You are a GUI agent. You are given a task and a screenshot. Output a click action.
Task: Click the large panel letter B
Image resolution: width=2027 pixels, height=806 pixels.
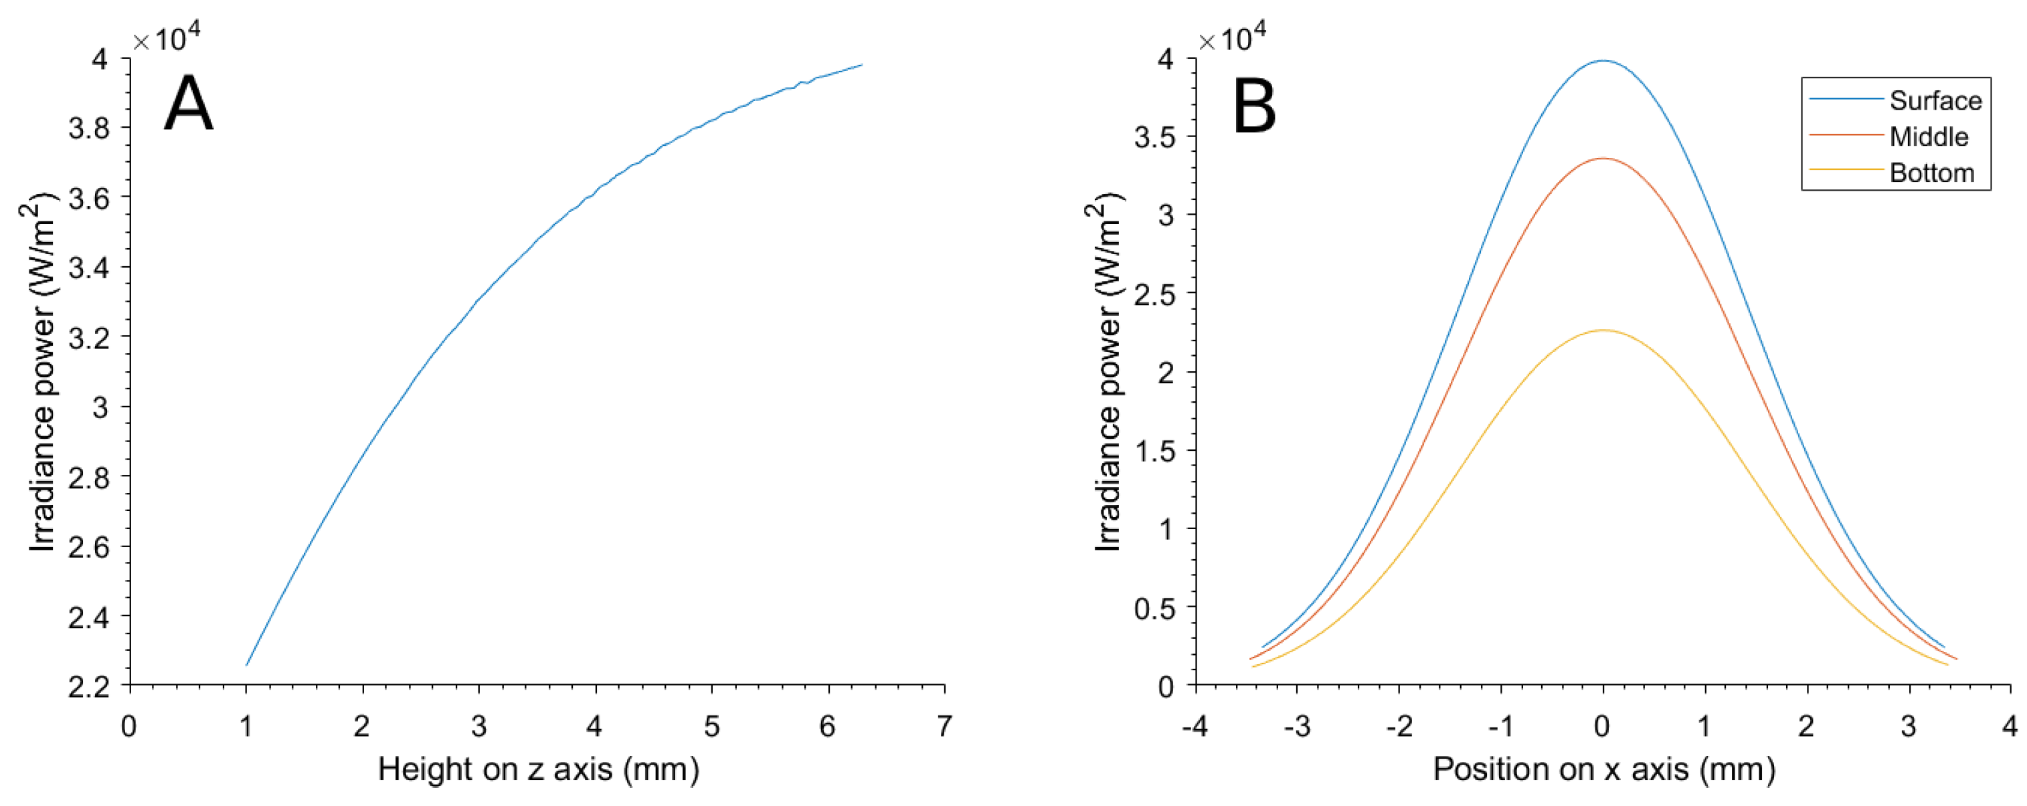pos(1254,107)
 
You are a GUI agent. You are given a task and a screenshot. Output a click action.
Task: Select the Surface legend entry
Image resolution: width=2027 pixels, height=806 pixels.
pos(1935,100)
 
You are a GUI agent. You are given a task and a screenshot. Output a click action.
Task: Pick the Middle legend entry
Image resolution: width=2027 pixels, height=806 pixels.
pos(1929,137)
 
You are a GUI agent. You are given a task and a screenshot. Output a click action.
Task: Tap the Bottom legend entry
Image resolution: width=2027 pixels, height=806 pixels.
pos(1932,173)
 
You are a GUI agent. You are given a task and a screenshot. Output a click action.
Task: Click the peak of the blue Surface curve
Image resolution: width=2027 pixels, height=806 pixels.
pos(1603,61)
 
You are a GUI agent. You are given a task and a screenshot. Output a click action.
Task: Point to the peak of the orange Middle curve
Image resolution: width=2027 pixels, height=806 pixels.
pos(1603,159)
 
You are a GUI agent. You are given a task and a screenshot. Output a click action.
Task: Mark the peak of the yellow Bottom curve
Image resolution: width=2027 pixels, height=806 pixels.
pos(1603,330)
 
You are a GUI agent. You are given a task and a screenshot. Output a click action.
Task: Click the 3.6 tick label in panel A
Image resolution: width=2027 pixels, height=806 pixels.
pos(88,197)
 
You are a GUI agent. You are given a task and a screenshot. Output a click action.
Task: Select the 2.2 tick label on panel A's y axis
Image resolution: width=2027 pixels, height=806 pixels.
pos(88,686)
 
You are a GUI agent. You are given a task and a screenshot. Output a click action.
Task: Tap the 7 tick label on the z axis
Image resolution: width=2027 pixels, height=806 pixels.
pos(944,726)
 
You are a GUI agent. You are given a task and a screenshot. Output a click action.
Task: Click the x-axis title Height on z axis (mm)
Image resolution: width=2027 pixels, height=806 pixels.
pos(538,769)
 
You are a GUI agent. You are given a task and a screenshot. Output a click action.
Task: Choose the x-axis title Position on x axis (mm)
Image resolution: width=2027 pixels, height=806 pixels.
pos(1603,769)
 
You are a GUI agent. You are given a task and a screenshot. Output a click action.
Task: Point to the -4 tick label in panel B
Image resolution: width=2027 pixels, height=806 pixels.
pos(1195,726)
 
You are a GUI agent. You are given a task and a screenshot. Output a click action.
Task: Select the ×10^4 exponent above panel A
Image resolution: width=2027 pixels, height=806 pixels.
pos(166,37)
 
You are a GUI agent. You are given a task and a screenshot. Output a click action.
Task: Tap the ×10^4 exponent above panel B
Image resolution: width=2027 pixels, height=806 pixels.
pos(1232,37)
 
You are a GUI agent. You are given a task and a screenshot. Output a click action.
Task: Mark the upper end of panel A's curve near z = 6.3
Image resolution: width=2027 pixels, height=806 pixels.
pos(862,66)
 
